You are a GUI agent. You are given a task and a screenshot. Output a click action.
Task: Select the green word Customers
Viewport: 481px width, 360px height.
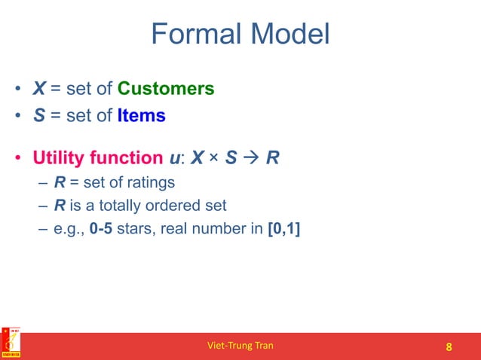(166, 89)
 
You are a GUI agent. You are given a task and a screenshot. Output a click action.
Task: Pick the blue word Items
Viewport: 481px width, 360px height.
(142, 117)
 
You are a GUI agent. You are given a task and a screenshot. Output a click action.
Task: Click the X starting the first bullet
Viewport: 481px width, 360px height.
(38, 89)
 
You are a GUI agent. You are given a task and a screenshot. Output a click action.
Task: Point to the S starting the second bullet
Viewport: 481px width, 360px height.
(38, 117)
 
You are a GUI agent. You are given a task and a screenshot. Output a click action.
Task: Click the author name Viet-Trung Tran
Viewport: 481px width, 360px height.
(240, 346)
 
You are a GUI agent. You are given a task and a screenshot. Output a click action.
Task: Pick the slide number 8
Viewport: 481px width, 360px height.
(449, 346)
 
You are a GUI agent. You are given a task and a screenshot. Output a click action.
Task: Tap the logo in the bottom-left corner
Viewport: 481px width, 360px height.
(11, 344)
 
